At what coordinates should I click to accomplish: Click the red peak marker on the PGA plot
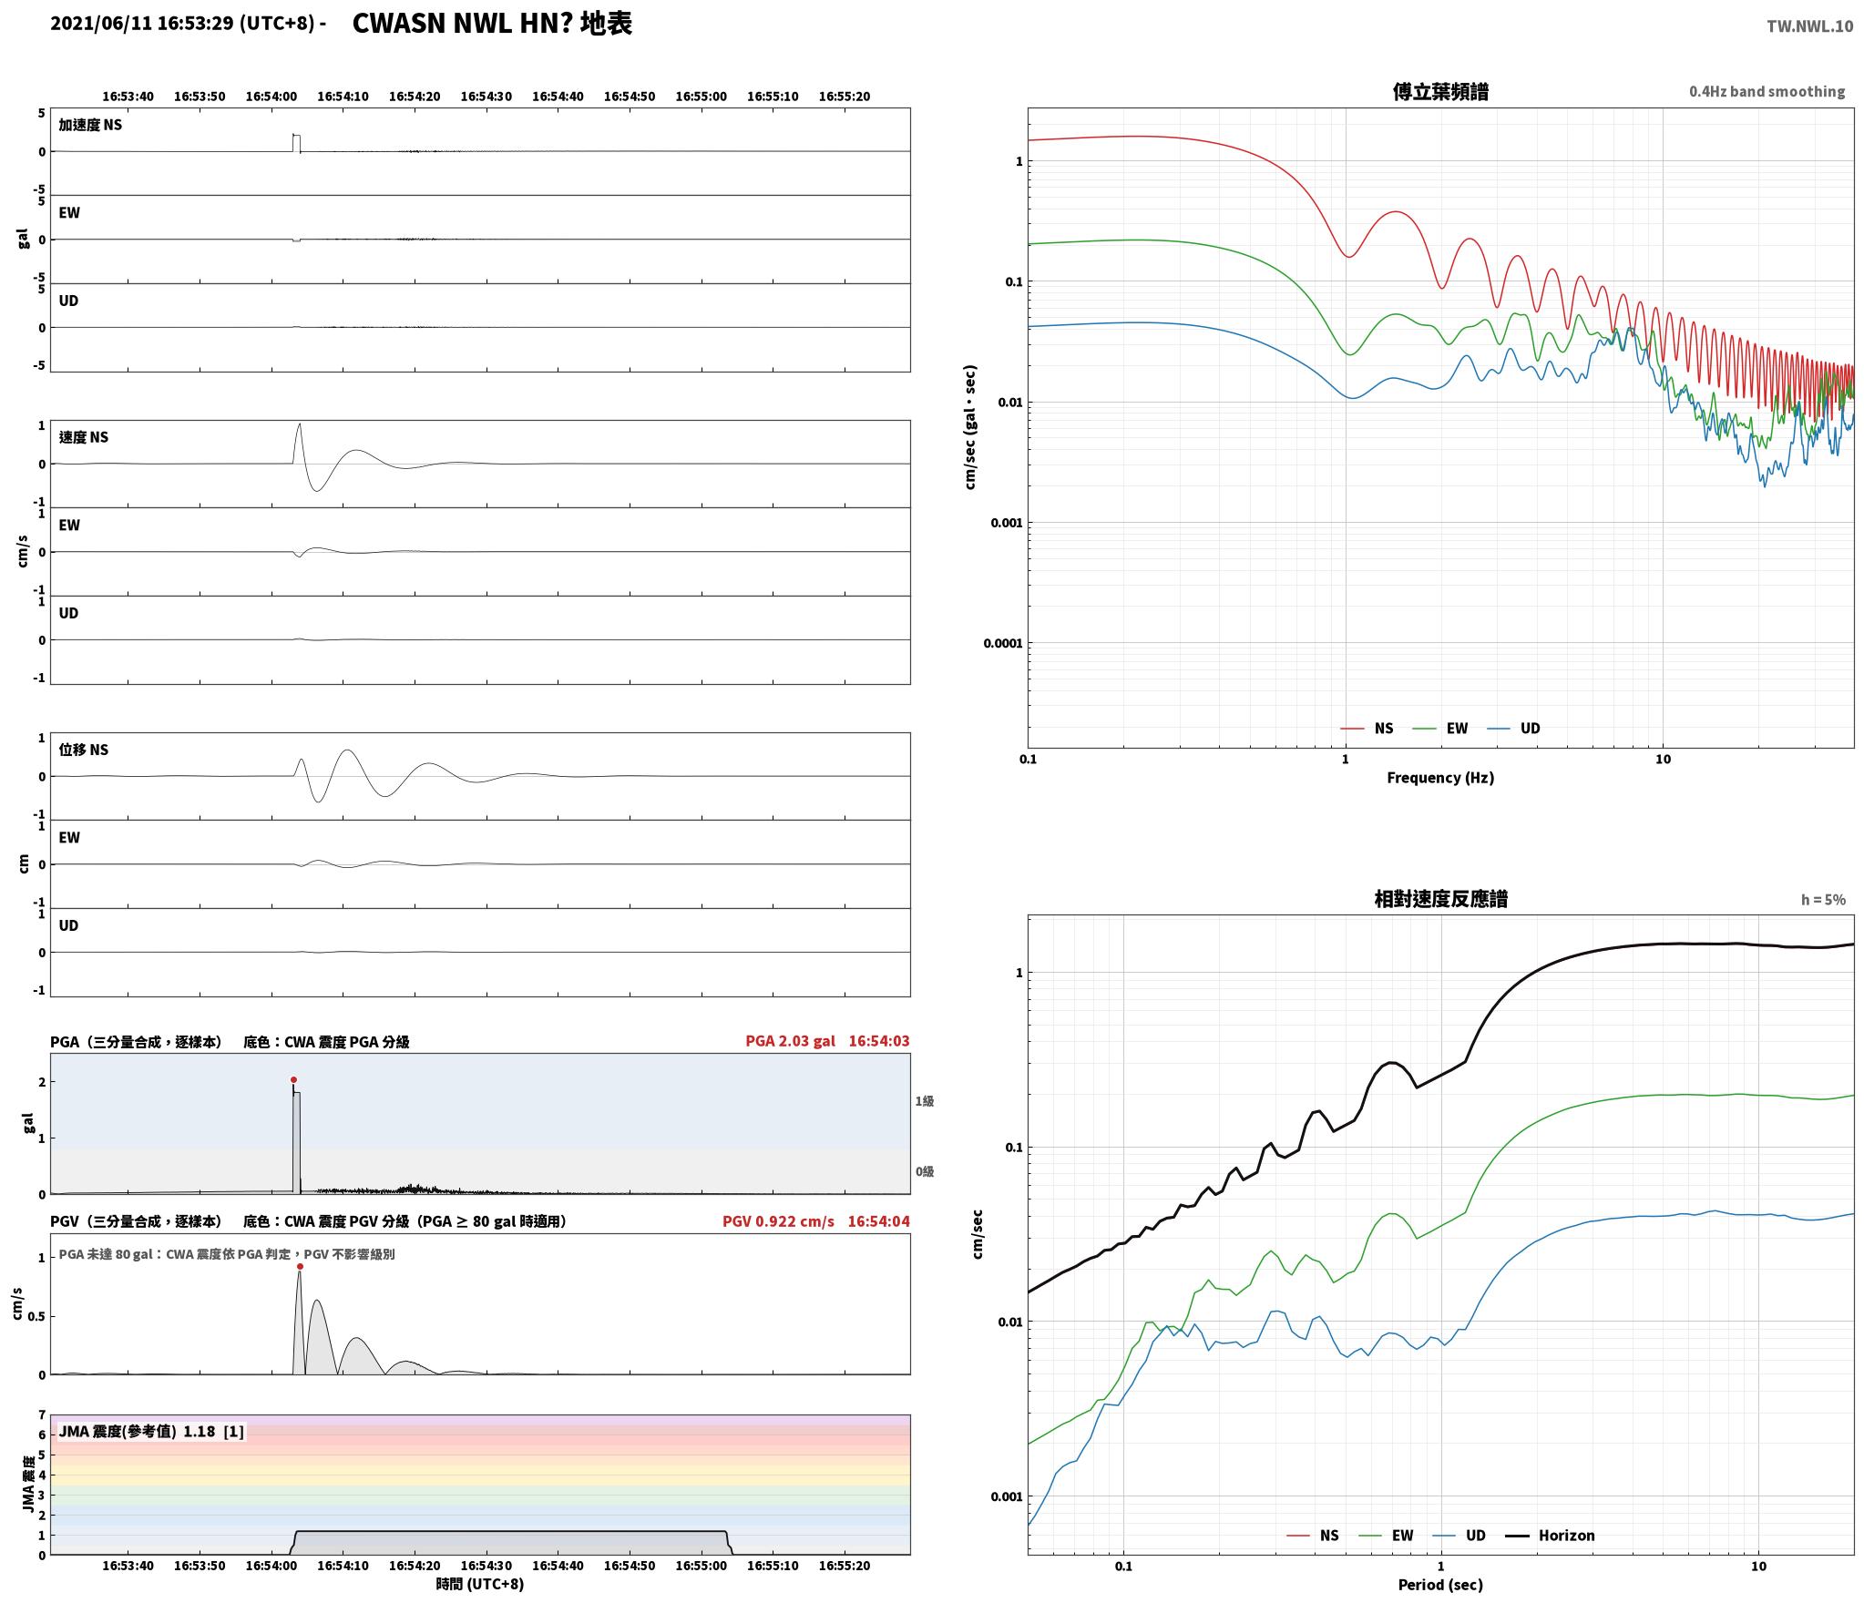click(293, 1079)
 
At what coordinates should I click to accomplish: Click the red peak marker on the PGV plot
click(300, 1266)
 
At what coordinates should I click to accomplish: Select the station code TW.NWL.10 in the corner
click(1809, 26)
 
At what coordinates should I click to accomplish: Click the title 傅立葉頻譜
click(1440, 91)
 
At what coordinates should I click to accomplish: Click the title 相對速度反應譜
click(1440, 899)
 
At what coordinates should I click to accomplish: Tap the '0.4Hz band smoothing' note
click(1767, 91)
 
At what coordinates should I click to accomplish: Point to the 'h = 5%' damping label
click(1823, 900)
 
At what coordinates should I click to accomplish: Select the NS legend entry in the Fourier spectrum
click(1367, 729)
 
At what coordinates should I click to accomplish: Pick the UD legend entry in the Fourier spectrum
click(1513, 729)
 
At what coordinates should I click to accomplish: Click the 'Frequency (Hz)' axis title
click(1440, 778)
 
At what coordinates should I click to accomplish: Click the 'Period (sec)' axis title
click(1440, 1586)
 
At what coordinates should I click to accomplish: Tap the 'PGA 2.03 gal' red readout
click(790, 1041)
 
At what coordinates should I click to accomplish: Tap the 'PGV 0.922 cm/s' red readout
click(778, 1221)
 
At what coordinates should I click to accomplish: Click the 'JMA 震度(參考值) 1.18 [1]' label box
click(151, 1432)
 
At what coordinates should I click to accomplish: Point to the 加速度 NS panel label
click(90, 125)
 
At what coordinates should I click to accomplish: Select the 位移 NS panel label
click(83, 750)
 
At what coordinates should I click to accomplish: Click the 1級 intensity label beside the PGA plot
click(925, 1101)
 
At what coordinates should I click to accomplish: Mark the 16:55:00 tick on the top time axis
click(701, 97)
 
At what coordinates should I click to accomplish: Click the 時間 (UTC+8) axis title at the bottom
click(480, 1584)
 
